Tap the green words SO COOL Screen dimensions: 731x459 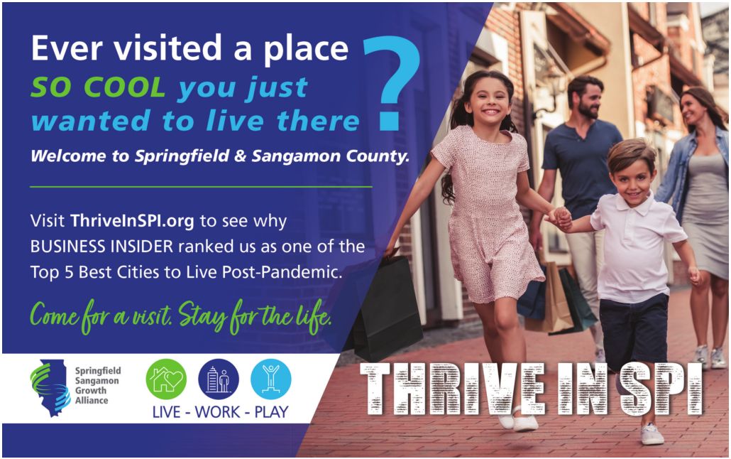[x=98, y=87]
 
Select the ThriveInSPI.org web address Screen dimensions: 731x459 [x=132, y=221]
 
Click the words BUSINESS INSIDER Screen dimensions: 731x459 [x=101, y=246]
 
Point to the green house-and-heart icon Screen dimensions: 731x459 [x=166, y=379]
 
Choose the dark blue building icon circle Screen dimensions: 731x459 [x=218, y=379]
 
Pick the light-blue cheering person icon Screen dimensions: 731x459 [x=271, y=379]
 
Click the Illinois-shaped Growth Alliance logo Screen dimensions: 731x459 [x=50, y=387]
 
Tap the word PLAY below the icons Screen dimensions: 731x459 [x=271, y=412]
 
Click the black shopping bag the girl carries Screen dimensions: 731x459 [x=387, y=308]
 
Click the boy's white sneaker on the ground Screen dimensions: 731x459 [x=652, y=434]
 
